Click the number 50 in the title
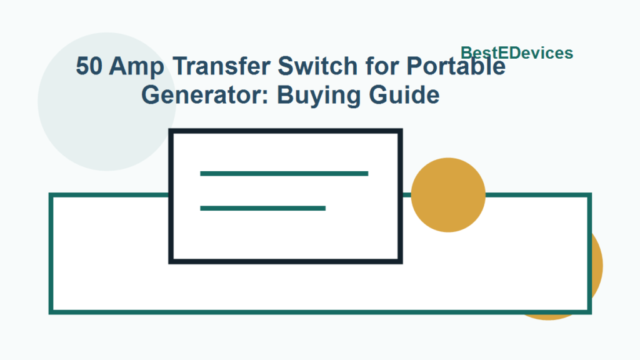pos(89,66)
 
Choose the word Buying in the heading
pos(309,96)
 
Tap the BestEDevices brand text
pos(516,53)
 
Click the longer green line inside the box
pos(284,173)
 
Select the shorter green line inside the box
pos(262,208)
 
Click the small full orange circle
pos(448,195)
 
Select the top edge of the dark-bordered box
pos(285,131)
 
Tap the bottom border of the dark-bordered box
pos(285,261)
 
